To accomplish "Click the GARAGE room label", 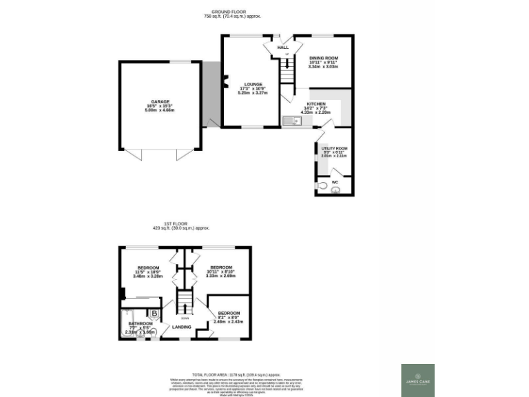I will [160, 101].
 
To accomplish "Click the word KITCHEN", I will [316, 104].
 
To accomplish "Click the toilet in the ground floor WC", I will [322, 186].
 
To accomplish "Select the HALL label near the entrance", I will [282, 48].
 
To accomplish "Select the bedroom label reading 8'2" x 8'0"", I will [228, 317].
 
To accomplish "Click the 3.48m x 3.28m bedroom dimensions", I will [148, 276].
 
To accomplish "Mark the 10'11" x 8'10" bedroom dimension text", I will [221, 272].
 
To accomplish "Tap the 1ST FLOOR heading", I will [175, 223].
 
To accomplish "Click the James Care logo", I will [418, 380].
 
